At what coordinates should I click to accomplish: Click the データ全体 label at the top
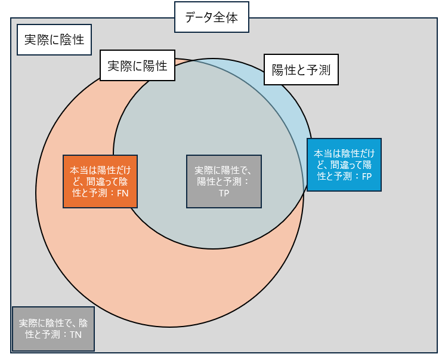click(211, 17)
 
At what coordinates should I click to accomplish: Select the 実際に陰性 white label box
click(54, 39)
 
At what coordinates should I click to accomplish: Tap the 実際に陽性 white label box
click(137, 66)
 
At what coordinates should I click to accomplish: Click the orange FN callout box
click(100, 181)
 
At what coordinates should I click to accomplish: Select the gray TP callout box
click(224, 181)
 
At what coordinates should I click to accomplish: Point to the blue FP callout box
click(344, 165)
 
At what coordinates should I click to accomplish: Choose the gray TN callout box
click(54, 329)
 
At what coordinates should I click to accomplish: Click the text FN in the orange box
click(123, 193)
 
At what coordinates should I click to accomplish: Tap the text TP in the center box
click(224, 193)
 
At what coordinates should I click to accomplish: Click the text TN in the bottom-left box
click(75, 335)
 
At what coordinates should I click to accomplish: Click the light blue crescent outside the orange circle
click(286, 90)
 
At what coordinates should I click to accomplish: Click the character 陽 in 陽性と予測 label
click(277, 70)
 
